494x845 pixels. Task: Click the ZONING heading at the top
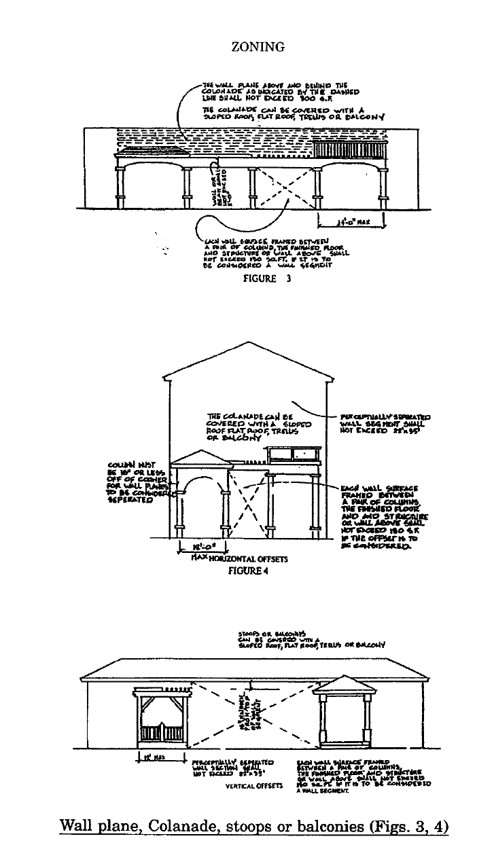point(247,47)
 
